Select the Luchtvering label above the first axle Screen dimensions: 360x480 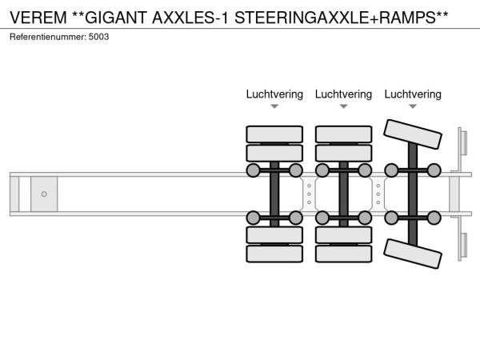274,94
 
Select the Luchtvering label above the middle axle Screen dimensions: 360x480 343,94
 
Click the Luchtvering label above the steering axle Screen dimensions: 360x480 413,94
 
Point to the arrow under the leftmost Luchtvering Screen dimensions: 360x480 274,106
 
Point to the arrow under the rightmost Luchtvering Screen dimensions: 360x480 413,106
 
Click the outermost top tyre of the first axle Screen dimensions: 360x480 274,134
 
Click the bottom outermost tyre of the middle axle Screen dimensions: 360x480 343,254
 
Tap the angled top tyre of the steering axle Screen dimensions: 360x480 413,134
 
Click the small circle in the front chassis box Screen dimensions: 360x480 44,194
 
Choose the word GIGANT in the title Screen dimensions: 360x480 111,15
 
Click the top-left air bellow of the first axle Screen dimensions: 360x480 254,170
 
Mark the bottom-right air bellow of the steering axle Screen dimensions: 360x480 434,217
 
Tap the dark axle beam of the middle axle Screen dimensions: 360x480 343,194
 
